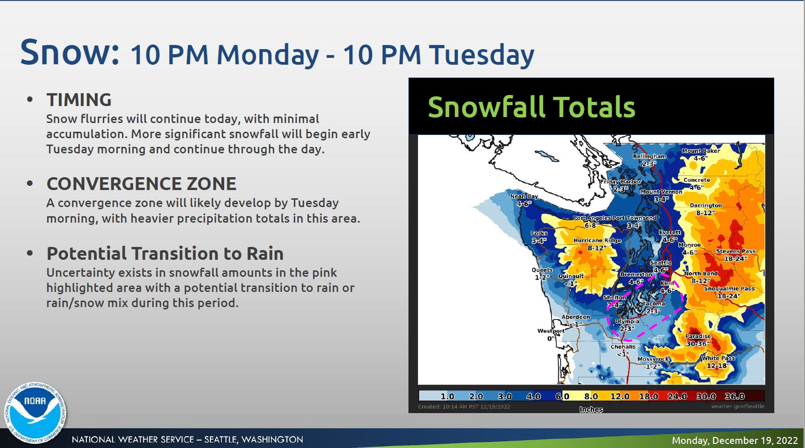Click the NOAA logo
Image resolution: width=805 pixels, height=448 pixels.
(35, 412)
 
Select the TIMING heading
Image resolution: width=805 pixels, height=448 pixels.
(79, 100)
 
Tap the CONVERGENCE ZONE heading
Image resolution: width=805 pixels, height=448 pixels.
(141, 184)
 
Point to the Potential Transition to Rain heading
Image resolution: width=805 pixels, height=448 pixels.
(165, 253)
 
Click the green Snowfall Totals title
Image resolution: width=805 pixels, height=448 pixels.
(531, 107)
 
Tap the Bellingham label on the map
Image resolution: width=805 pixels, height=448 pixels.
(650, 157)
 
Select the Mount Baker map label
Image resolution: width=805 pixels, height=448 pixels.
(700, 151)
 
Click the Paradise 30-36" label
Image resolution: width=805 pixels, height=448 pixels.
(698, 340)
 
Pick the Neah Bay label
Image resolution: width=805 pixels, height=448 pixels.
(524, 196)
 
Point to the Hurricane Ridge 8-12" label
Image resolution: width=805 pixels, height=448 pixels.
(597, 244)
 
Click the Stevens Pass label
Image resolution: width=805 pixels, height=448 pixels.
(736, 252)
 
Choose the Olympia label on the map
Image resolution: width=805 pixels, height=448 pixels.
(627, 321)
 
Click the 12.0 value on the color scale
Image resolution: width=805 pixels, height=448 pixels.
(619, 396)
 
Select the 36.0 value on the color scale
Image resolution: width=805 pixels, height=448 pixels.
(734, 396)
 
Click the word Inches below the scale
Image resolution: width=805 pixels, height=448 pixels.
(591, 409)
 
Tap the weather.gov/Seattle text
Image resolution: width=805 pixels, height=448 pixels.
(738, 406)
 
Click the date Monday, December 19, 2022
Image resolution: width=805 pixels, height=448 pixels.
(734, 440)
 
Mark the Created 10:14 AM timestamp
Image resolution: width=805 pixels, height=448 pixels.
(464, 407)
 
